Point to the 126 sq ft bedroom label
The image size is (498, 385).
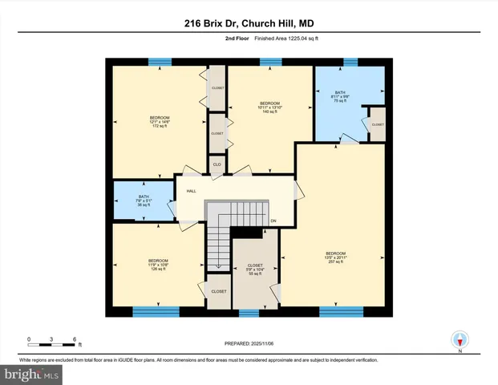[x=158, y=265]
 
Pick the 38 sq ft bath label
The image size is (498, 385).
[x=144, y=201]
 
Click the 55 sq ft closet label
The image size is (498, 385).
[x=255, y=269]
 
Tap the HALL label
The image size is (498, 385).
[x=191, y=191]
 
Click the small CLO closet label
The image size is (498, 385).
[x=216, y=166]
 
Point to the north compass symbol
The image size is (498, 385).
[x=460, y=340]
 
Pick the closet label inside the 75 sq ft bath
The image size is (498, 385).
[x=377, y=124]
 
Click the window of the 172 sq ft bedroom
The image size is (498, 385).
[x=160, y=61]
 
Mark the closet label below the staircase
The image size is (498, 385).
[x=218, y=291]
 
